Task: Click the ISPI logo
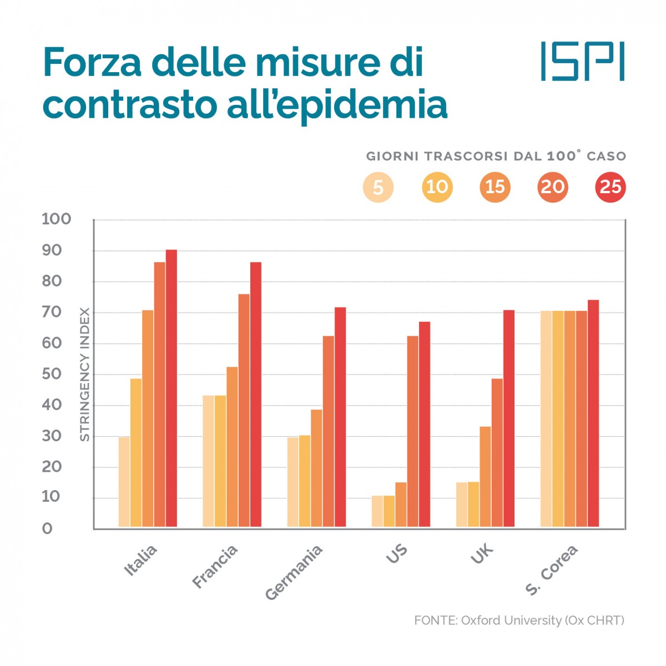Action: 582,60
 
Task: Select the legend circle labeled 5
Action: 378,187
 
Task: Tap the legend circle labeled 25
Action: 610,187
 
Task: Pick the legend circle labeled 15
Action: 495,187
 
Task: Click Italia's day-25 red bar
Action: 171,389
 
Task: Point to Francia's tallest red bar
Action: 256,394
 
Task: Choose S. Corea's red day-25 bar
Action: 593,413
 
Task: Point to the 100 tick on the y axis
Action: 57,219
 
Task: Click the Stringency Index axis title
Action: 84,375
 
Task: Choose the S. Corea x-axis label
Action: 552,569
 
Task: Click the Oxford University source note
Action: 519,620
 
